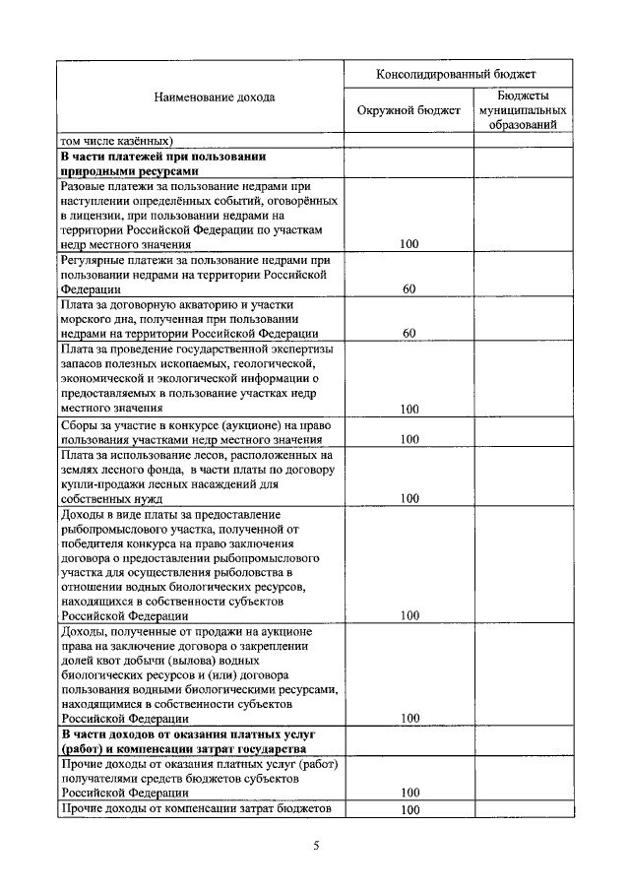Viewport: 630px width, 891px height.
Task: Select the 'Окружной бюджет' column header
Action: (409, 110)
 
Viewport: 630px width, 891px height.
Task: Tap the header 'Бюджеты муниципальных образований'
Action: (523, 110)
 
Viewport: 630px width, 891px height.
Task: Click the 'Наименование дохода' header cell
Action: (200, 96)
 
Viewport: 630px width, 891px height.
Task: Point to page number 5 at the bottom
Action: (316, 844)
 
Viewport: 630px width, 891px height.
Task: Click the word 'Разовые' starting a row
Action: (84, 185)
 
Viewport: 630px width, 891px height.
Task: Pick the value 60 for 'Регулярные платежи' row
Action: (409, 289)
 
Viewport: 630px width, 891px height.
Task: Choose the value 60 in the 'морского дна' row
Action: (409, 334)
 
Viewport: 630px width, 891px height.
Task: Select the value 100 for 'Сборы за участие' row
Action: (409, 438)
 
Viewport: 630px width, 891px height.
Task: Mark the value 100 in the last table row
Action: (409, 809)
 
